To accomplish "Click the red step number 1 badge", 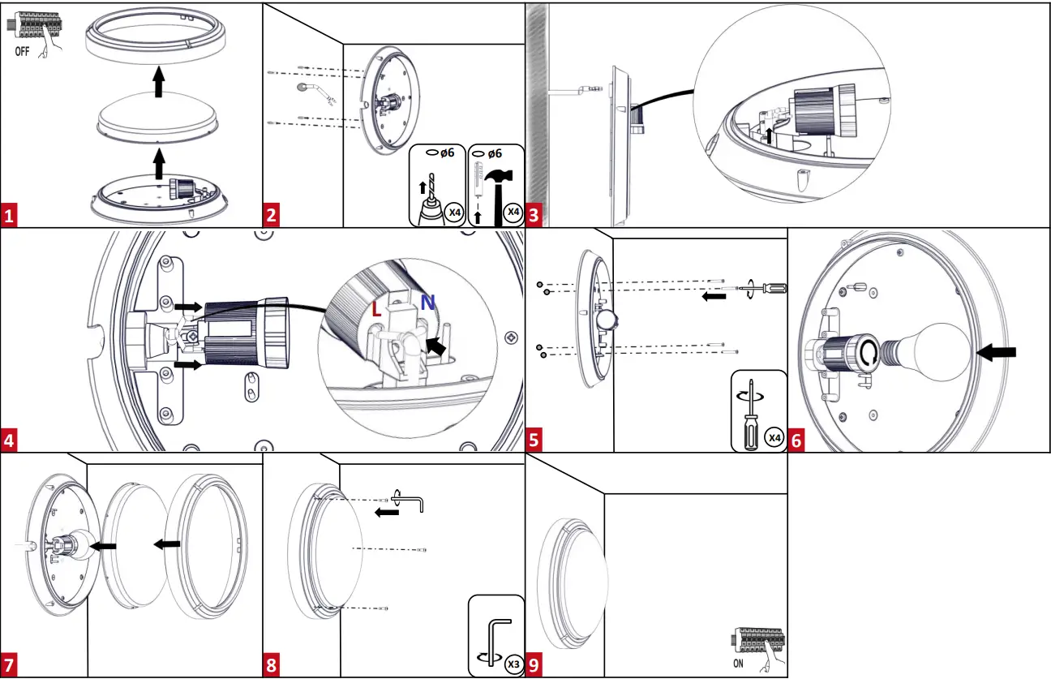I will (x=10, y=216).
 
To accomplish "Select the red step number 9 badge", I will (x=534, y=665).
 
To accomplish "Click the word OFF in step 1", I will (x=24, y=49).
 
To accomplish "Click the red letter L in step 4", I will (x=375, y=309).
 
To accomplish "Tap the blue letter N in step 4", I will (x=427, y=302).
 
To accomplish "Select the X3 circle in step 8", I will (x=512, y=663).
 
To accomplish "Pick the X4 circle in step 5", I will (x=774, y=438).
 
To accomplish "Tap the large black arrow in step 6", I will (x=997, y=352).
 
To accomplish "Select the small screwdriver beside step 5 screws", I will (x=766, y=288).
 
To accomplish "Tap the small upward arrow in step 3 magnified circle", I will (x=769, y=133).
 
